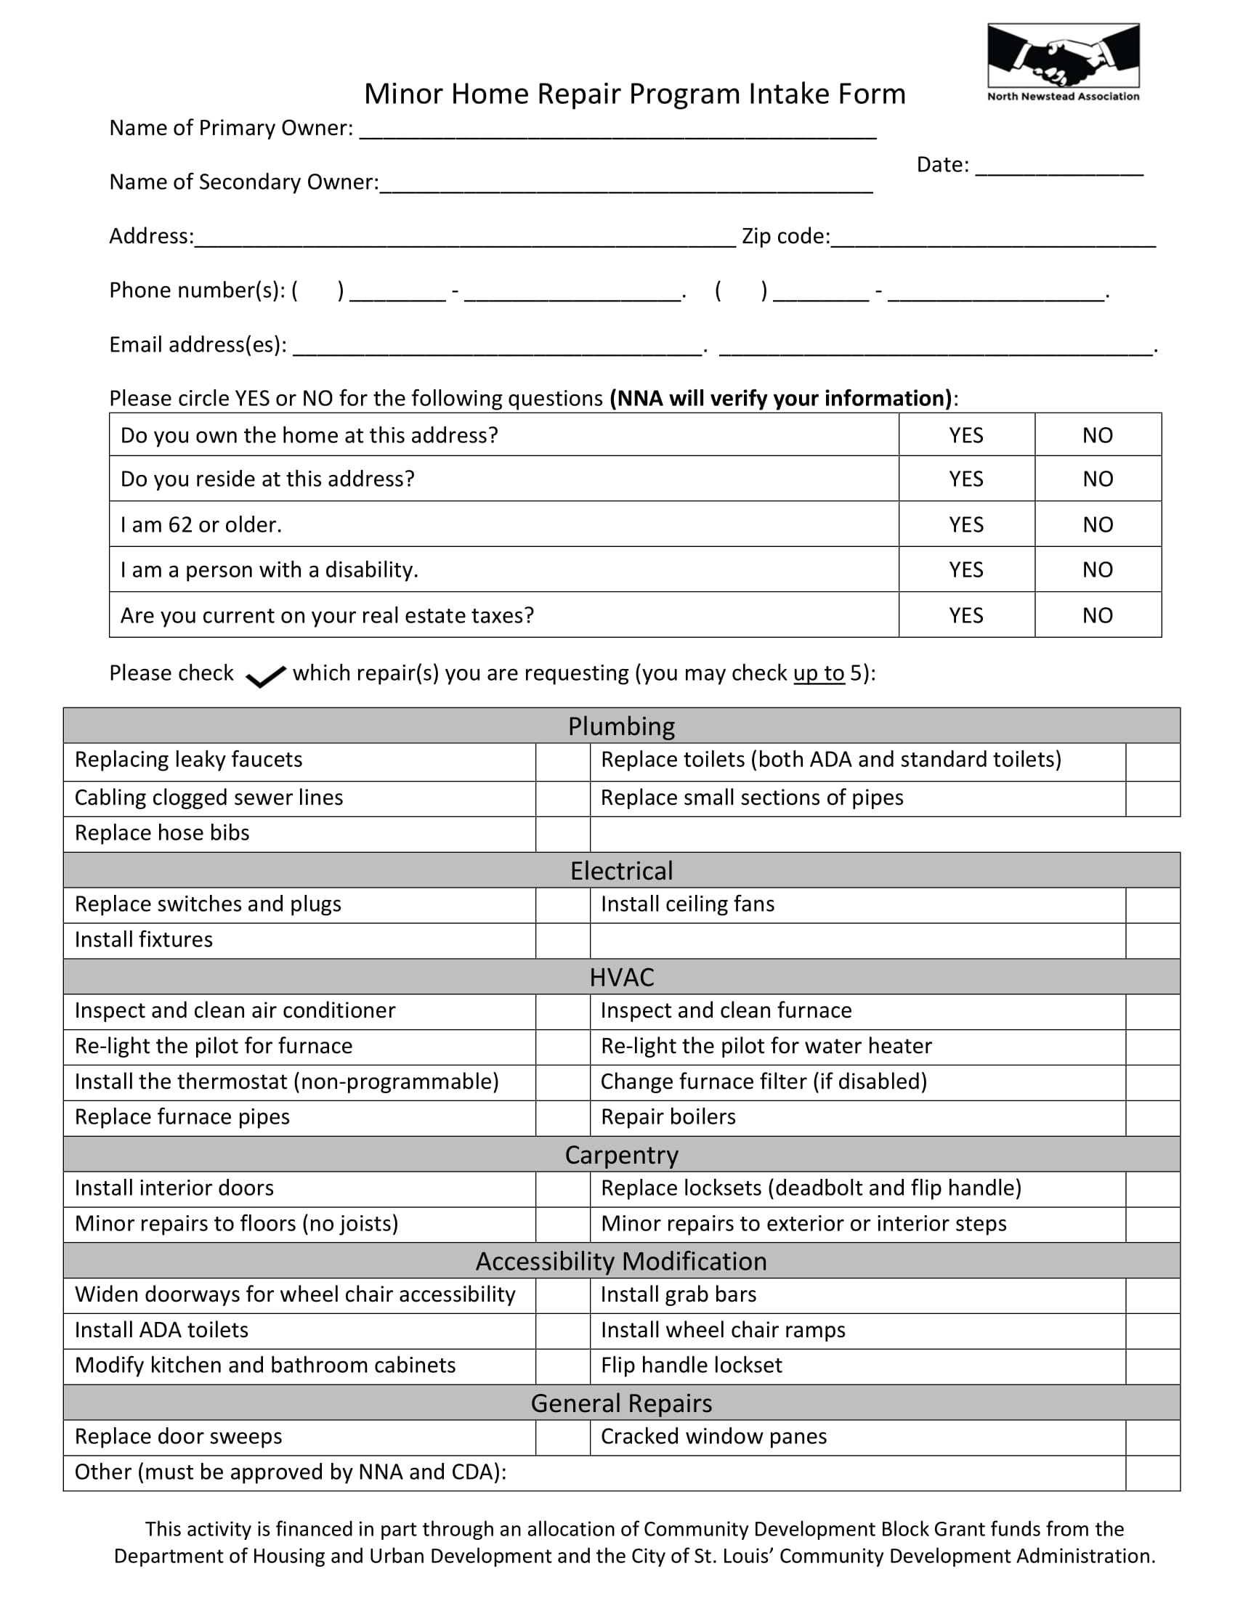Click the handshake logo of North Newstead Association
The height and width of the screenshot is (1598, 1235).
(1062, 57)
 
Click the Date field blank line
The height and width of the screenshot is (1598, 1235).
(1058, 167)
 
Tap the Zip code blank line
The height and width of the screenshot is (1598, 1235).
(993, 238)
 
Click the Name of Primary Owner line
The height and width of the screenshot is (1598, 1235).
(617, 130)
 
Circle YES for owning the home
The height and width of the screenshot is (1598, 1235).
(965, 435)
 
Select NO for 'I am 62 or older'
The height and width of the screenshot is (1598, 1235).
(1098, 524)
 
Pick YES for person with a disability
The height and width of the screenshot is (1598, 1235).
(965, 570)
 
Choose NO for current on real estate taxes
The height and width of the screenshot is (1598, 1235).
(1098, 615)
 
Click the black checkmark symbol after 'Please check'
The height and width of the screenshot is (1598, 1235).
(265, 677)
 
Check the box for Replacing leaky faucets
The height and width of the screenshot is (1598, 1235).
(562, 762)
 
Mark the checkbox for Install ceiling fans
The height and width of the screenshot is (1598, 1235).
(1152, 905)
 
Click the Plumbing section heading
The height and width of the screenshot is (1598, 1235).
(621, 726)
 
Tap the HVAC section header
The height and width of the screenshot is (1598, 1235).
(621, 977)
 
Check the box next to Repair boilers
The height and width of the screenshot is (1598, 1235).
(1152, 1118)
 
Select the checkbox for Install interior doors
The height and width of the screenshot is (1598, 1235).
(562, 1189)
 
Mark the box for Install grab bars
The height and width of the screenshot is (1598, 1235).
(1152, 1295)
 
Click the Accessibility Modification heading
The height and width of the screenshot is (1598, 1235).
(621, 1261)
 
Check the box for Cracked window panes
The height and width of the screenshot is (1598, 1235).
(1152, 1437)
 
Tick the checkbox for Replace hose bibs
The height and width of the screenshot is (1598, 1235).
(562, 834)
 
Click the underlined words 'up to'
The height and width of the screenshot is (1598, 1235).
(818, 673)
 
